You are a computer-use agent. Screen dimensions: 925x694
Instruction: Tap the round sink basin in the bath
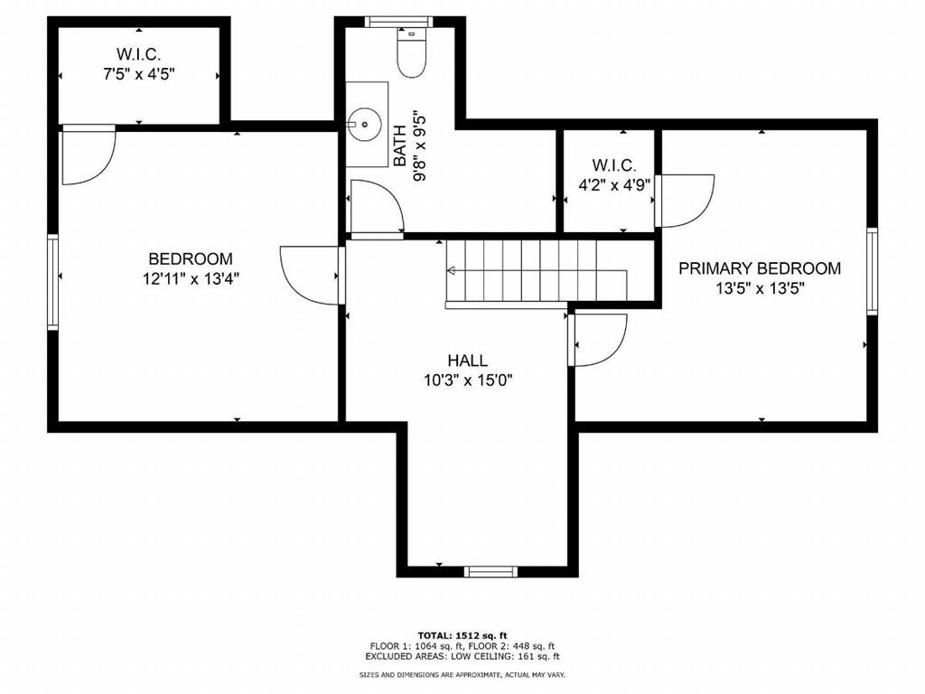click(x=365, y=125)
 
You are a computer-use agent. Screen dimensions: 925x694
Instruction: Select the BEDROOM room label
click(x=191, y=258)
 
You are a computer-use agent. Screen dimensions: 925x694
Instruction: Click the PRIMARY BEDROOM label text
click(x=760, y=268)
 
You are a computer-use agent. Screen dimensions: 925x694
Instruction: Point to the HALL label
click(x=468, y=360)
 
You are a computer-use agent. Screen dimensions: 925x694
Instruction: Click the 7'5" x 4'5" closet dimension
click(x=139, y=74)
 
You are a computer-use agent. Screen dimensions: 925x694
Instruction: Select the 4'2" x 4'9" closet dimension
click(x=614, y=184)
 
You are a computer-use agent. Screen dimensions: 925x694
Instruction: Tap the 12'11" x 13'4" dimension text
click(x=191, y=278)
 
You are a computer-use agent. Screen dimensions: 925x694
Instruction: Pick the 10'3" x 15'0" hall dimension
click(x=468, y=380)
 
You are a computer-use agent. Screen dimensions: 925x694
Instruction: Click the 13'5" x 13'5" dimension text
click(x=760, y=288)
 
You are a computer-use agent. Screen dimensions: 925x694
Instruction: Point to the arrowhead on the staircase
click(x=452, y=271)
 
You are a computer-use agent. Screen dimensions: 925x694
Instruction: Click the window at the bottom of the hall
click(x=491, y=571)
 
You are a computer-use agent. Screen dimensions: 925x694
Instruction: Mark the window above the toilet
click(x=398, y=22)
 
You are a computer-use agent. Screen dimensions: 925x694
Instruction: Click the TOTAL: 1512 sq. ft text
click(x=462, y=635)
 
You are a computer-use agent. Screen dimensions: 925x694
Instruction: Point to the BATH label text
click(x=400, y=145)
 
